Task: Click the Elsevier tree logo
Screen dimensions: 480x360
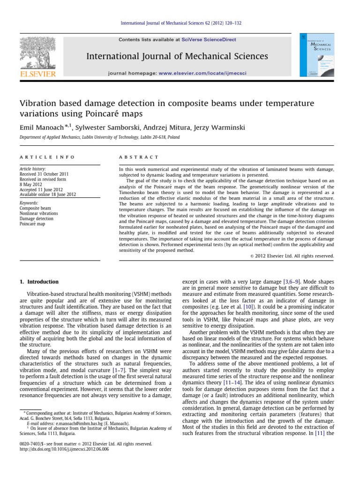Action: tap(37, 53)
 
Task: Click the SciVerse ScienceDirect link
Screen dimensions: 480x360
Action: tap(216, 40)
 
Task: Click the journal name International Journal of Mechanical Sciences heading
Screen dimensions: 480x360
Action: tap(177, 57)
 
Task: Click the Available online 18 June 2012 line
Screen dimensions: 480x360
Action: tap(47, 194)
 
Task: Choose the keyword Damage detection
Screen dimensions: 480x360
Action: tap(37, 218)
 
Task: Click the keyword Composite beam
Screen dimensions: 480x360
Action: tap(36, 208)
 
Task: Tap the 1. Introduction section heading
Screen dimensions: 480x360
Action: tap(39, 282)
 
